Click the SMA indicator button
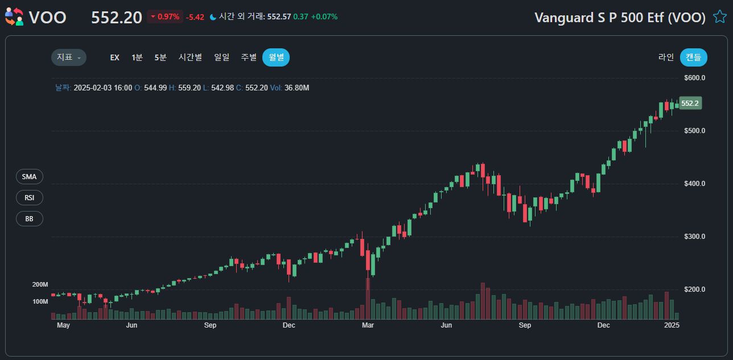coord(30,177)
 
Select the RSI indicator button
coord(30,198)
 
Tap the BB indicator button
coord(30,218)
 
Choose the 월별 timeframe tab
coord(276,57)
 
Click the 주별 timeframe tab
coord(249,57)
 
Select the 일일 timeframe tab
coord(221,57)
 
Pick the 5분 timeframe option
coord(160,57)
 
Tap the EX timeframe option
coord(114,57)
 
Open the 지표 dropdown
coord(69,57)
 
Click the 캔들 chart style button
coord(693,57)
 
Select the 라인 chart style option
coord(666,57)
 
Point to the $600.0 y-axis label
coord(694,78)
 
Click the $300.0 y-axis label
coord(694,237)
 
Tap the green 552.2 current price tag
coord(690,104)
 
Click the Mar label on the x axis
coord(368,326)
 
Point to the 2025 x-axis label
coord(672,326)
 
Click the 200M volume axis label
coord(40,284)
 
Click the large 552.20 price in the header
coord(116,18)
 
